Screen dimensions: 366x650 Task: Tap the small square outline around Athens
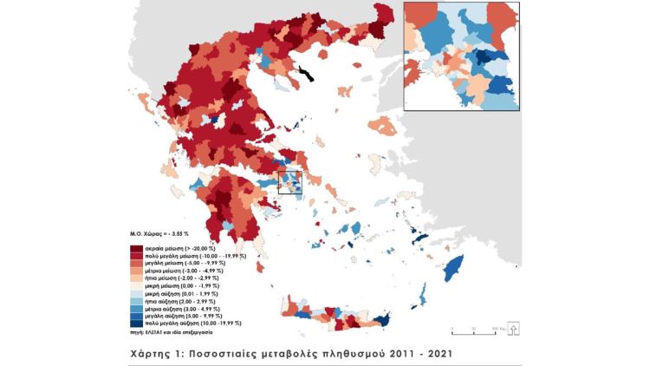[x=290, y=183]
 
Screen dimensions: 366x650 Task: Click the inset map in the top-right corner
[x=461, y=56]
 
